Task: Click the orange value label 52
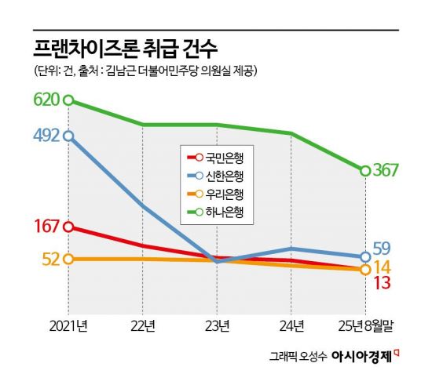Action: click(51, 259)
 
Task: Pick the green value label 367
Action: click(390, 171)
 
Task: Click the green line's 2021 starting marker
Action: click(68, 100)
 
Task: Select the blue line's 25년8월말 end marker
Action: click(365, 256)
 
